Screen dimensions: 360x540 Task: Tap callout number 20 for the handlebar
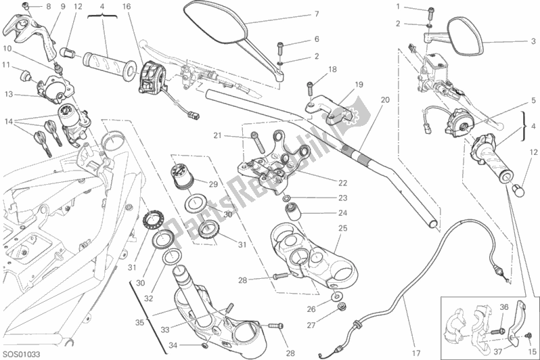click(x=385, y=99)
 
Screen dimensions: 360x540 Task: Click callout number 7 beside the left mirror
click(x=316, y=14)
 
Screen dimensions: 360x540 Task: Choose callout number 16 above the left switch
click(x=145, y=7)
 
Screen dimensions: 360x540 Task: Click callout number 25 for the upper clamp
click(x=342, y=229)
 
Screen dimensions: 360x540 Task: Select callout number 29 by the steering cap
click(x=212, y=184)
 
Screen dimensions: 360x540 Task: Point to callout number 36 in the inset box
click(x=503, y=307)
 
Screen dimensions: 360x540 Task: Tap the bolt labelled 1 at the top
click(x=431, y=10)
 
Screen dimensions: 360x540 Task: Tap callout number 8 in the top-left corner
click(x=48, y=7)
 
